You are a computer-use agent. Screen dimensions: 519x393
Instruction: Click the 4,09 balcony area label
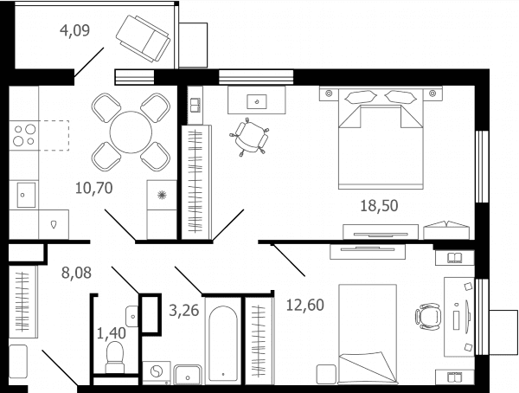pyautogui.click(x=74, y=30)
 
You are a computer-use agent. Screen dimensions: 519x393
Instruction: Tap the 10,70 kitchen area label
pyautogui.click(x=94, y=188)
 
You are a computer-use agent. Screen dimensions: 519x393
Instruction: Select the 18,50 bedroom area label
pyautogui.click(x=379, y=206)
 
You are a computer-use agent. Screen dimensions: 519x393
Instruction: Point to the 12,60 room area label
pyautogui.click(x=304, y=305)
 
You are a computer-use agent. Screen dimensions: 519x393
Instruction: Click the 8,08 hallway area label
pyautogui.click(x=76, y=273)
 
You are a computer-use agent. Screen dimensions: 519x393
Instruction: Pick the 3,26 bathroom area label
pyautogui.click(x=183, y=311)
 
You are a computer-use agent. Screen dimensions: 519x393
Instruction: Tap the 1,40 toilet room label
pyautogui.click(x=112, y=333)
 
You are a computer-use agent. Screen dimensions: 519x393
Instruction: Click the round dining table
pyautogui.click(x=131, y=132)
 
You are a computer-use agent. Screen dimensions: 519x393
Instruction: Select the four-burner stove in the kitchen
pyautogui.click(x=24, y=136)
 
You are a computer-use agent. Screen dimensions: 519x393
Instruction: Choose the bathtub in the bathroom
pyautogui.click(x=223, y=343)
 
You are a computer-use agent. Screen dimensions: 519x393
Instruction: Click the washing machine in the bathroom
pyautogui.click(x=157, y=373)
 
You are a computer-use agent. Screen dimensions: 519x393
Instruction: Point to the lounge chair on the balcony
pyautogui.click(x=143, y=38)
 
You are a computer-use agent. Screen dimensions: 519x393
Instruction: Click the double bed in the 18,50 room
pyautogui.click(x=381, y=138)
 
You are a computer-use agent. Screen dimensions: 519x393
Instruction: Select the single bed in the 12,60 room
pyautogui.click(x=368, y=334)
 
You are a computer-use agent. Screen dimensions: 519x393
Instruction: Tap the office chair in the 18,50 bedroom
pyautogui.click(x=249, y=137)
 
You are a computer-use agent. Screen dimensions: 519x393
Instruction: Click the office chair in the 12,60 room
pyautogui.click(x=428, y=317)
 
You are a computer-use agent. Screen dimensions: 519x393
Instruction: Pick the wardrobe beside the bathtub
pyautogui.click(x=259, y=341)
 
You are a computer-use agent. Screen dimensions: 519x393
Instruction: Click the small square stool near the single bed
pyautogui.click(x=326, y=374)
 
